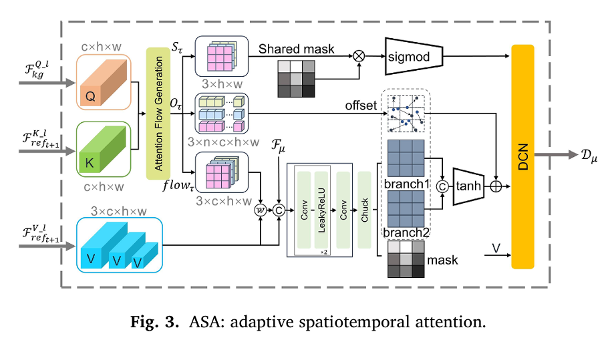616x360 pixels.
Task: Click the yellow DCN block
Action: (x=522, y=156)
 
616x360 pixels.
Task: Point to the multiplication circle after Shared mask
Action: (x=359, y=56)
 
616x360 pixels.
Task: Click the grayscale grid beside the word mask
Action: (x=405, y=259)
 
